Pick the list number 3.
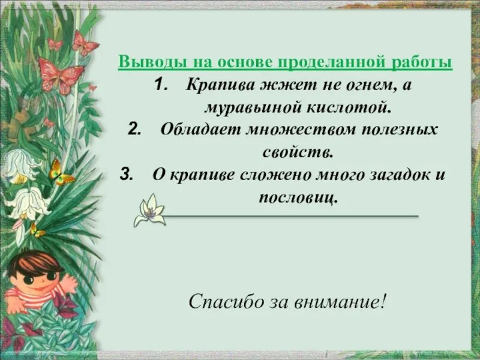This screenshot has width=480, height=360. tap(126, 175)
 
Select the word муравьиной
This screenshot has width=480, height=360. tap(251, 108)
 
